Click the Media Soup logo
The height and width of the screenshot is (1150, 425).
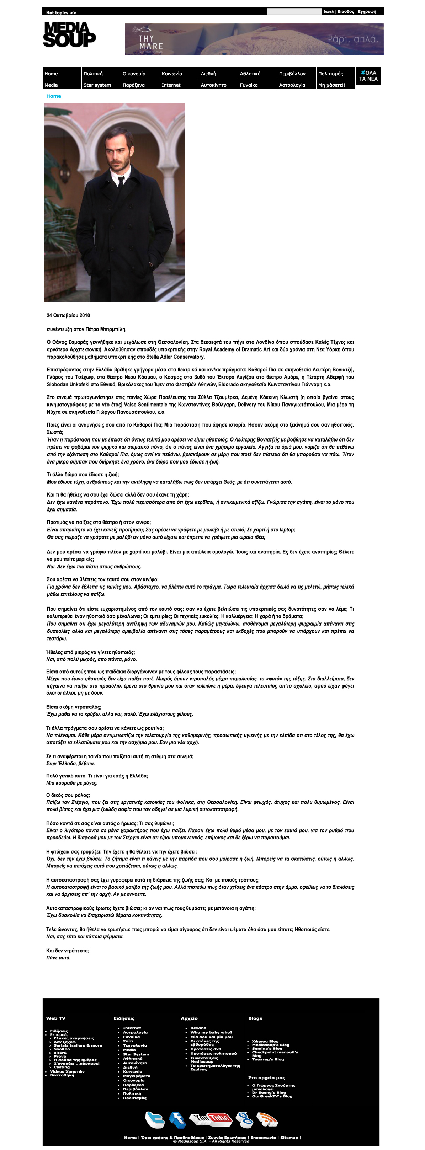coord(69,35)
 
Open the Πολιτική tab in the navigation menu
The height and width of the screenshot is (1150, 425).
coord(93,74)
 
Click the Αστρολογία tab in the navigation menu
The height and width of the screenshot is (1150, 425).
coord(292,85)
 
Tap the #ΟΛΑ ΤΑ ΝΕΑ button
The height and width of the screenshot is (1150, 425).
coord(368,76)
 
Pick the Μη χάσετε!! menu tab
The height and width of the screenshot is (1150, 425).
coord(331,85)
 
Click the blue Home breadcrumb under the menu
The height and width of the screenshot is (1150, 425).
coord(54,96)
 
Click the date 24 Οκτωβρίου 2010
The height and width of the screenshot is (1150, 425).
coord(68,316)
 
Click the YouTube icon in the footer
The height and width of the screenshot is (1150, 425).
coord(211,1119)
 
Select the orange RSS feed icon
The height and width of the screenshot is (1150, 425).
coord(267,1119)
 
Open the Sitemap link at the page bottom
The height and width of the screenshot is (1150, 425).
coord(289,1138)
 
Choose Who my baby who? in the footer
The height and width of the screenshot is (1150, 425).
coord(211,1032)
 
